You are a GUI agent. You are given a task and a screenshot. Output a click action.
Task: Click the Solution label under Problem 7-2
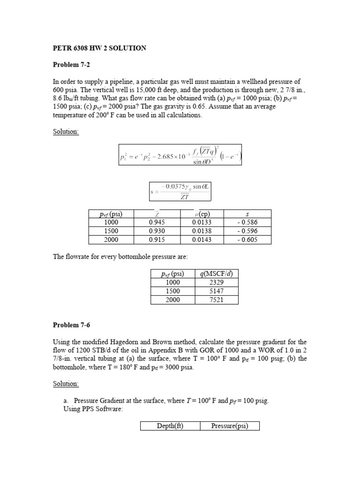66,132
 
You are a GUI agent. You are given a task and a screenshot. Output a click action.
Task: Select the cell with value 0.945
157,223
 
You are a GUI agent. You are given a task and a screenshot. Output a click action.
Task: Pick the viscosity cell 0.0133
202,223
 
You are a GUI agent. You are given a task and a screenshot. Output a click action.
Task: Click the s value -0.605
248,240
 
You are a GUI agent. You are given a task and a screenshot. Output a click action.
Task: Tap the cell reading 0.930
157,231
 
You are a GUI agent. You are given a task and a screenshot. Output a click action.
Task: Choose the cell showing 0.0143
202,240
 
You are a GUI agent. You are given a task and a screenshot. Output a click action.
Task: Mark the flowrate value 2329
216,283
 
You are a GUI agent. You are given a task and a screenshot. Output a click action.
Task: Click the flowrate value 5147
216,291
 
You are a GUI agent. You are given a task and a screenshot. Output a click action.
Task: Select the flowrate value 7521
216,300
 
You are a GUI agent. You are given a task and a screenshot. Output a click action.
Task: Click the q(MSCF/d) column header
216,274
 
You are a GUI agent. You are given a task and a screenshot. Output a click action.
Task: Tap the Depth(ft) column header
170,426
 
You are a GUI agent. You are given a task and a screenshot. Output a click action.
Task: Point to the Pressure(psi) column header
229,426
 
